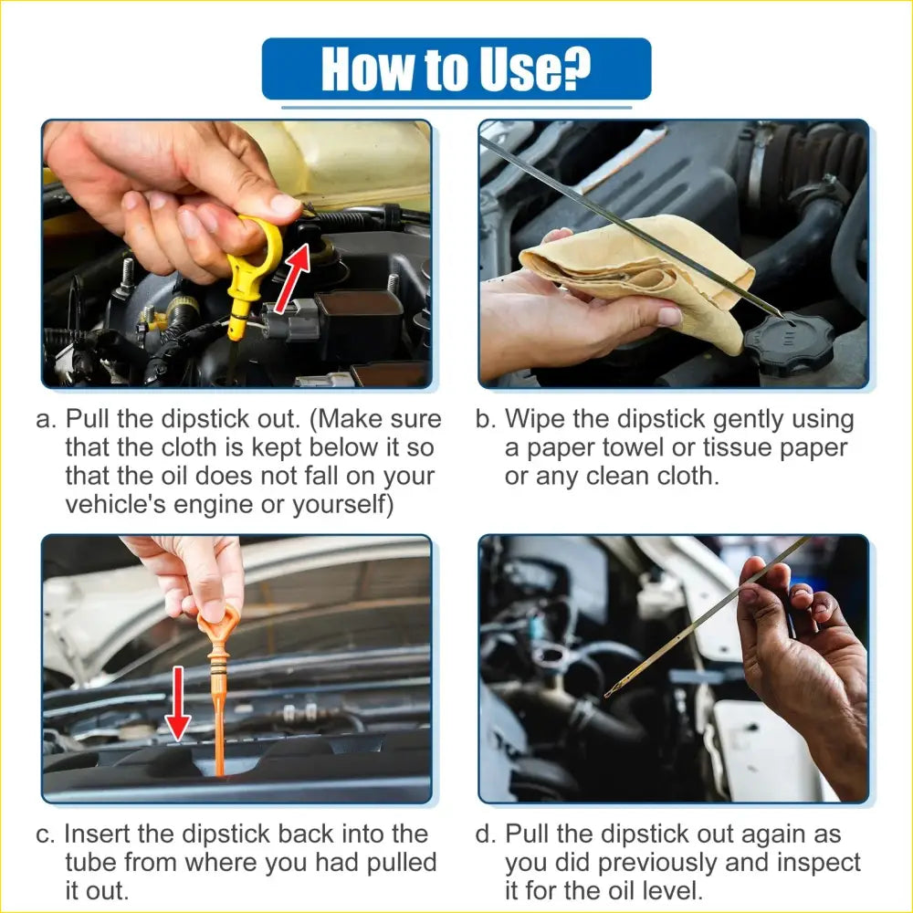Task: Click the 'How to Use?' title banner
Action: (456, 68)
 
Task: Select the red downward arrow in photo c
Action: (177, 704)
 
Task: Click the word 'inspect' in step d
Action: (813, 863)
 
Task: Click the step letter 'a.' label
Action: (46, 421)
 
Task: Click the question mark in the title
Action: (575, 68)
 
